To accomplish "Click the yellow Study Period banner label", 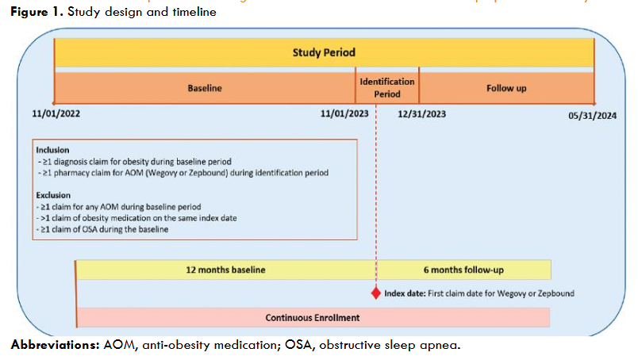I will [x=324, y=53].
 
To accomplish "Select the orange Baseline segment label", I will [x=204, y=88].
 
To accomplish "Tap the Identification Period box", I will [x=387, y=87].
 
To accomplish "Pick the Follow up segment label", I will [x=506, y=88].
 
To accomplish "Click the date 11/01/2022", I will [x=56, y=114].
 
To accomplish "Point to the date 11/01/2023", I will [x=344, y=114].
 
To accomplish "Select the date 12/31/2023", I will [x=421, y=114].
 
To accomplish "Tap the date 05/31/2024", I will [x=593, y=114].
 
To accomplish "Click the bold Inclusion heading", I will [x=53, y=149].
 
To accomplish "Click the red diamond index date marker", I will [x=376, y=293].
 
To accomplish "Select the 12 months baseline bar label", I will [x=225, y=270].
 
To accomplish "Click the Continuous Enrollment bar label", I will [x=312, y=317].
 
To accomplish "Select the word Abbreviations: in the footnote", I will [x=56, y=346].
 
